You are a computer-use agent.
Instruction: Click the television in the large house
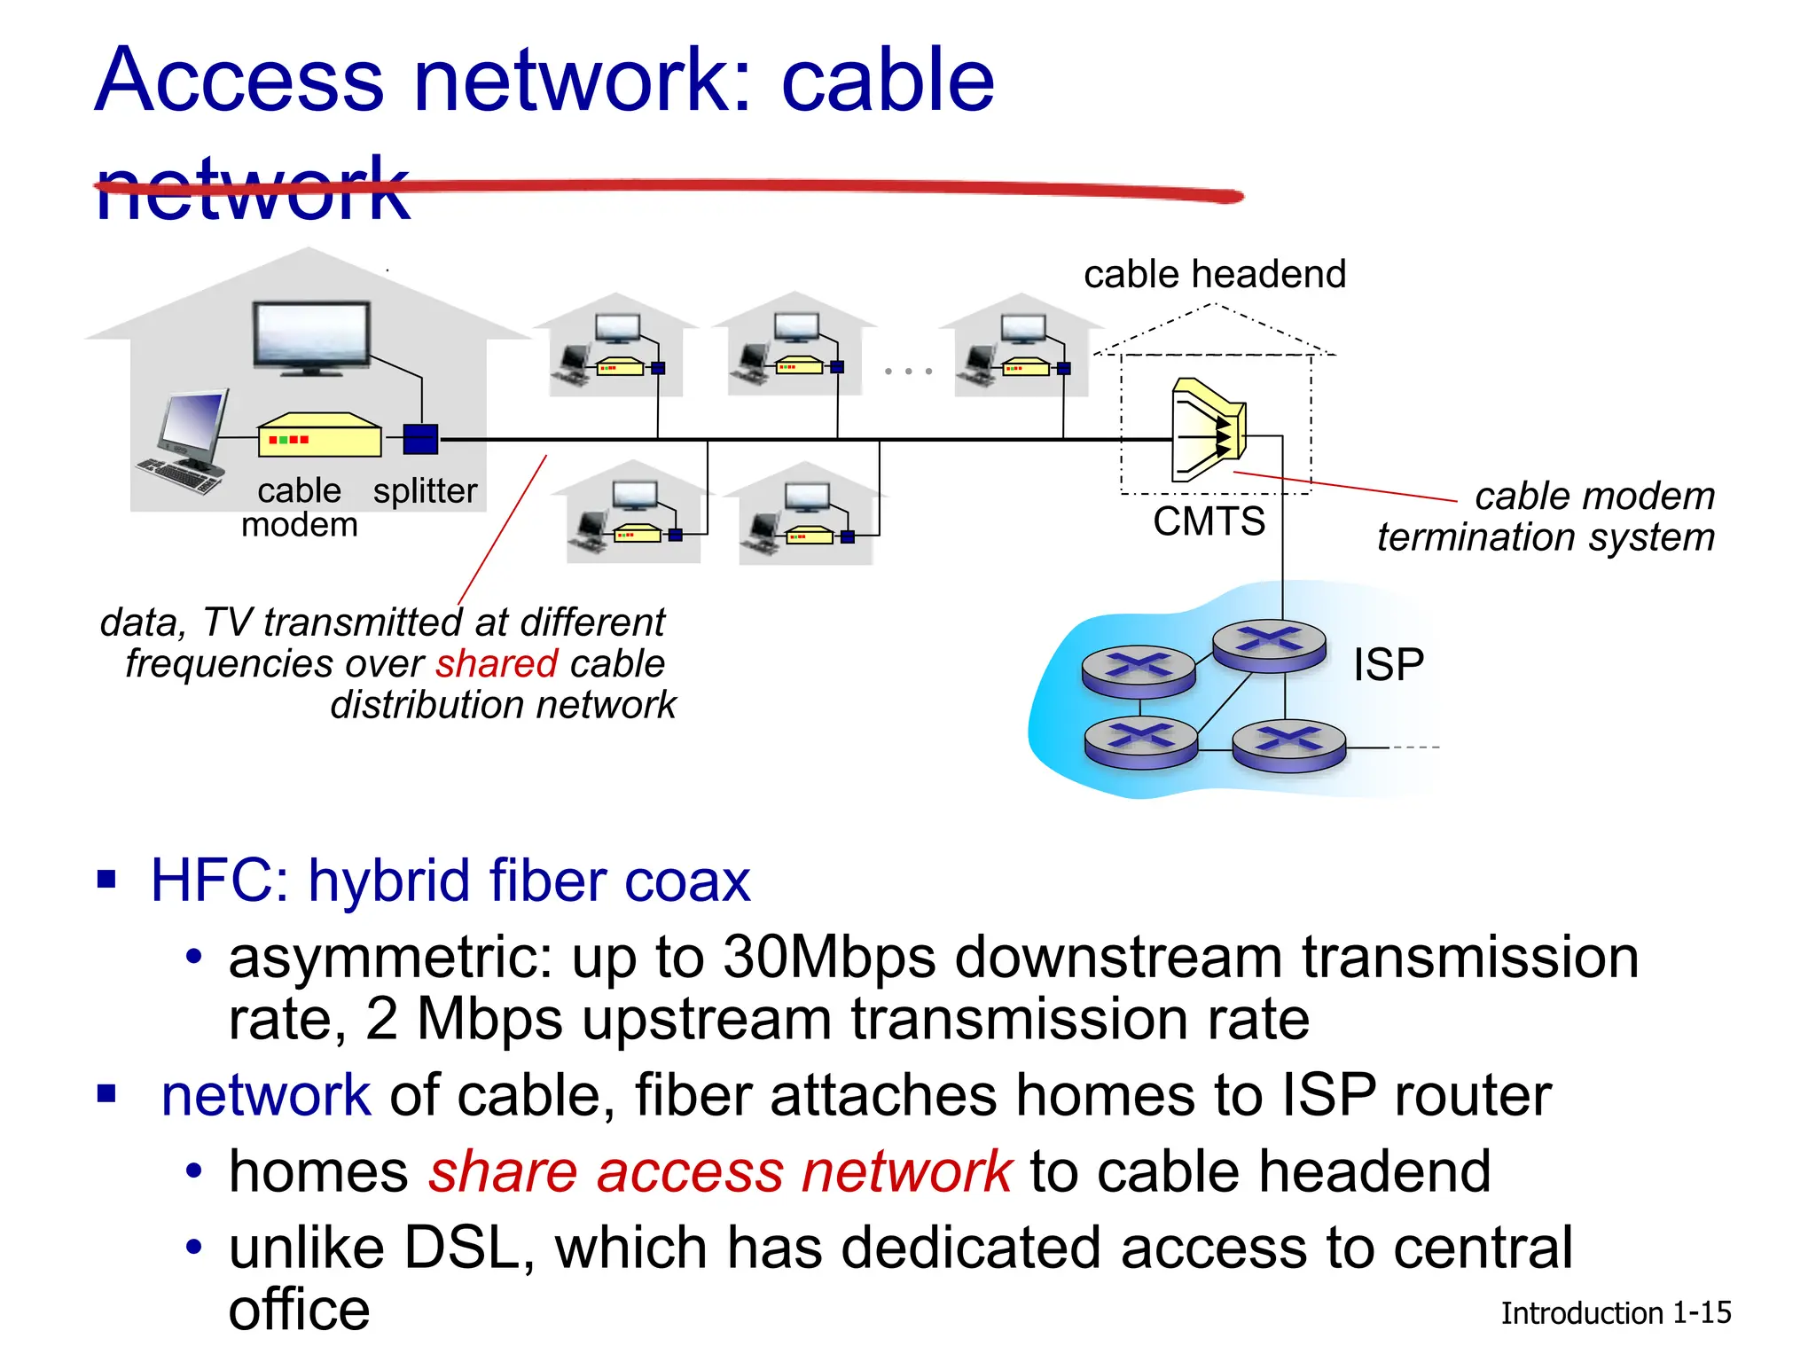pyautogui.click(x=311, y=337)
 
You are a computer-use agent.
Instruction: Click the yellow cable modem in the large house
pyautogui.click(x=319, y=436)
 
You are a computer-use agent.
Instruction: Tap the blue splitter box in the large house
pyautogui.click(x=420, y=439)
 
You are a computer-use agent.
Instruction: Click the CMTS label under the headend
pyautogui.click(x=1209, y=521)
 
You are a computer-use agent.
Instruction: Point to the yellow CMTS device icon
pyautogui.click(x=1208, y=430)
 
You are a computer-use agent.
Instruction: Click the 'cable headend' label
pyautogui.click(x=1214, y=275)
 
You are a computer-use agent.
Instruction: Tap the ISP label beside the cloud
pyautogui.click(x=1388, y=665)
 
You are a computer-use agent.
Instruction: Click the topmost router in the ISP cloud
pyautogui.click(x=1269, y=644)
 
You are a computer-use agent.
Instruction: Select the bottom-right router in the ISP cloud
pyautogui.click(x=1288, y=745)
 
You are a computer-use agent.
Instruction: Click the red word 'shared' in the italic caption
pyautogui.click(x=497, y=664)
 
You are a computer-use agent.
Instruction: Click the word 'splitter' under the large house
pyautogui.click(x=425, y=491)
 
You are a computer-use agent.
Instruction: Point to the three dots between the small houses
pyautogui.click(x=909, y=371)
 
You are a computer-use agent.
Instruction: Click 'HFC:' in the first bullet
pyautogui.click(x=218, y=881)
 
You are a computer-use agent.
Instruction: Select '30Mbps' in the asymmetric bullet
pyautogui.click(x=829, y=959)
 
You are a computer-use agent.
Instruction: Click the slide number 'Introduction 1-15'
pyautogui.click(x=1615, y=1313)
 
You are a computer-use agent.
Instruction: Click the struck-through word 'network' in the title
pyautogui.click(x=253, y=189)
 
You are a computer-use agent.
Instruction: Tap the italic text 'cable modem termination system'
pyautogui.click(x=1546, y=517)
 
